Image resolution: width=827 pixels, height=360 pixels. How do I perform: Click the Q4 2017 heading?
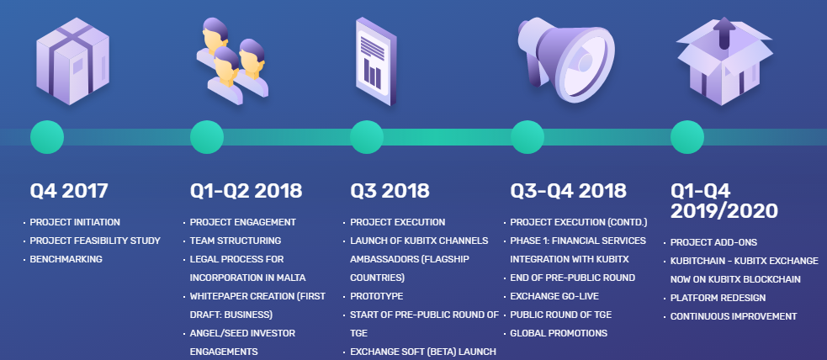pyautogui.click(x=68, y=191)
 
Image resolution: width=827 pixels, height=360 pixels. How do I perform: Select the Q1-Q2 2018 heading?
pyautogui.click(x=246, y=191)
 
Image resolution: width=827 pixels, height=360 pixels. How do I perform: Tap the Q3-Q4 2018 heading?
pyautogui.click(x=568, y=191)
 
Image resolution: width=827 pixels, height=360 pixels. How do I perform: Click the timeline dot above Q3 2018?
pyautogui.click(x=367, y=137)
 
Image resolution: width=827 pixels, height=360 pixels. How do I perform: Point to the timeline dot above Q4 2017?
pyautogui.click(x=47, y=137)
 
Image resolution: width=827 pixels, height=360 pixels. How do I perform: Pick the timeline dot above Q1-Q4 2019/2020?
pyautogui.click(x=687, y=137)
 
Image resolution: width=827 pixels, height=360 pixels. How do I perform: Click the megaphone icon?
pyautogui.click(x=566, y=59)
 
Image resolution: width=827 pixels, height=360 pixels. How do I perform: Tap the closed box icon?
pyautogui.click(x=73, y=61)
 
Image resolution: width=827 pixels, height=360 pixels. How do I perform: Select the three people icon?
pyautogui.click(x=232, y=61)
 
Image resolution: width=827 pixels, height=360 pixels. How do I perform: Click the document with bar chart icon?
pyautogui.click(x=376, y=61)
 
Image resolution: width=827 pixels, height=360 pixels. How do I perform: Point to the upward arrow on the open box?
pyautogui.click(x=724, y=33)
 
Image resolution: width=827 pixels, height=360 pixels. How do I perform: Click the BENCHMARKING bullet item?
pyautogui.click(x=66, y=259)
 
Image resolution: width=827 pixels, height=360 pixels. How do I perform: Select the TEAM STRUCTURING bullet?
pyautogui.click(x=236, y=241)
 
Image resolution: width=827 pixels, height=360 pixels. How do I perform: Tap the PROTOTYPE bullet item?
pyautogui.click(x=377, y=296)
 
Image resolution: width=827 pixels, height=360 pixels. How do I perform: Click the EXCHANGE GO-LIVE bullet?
pyautogui.click(x=554, y=296)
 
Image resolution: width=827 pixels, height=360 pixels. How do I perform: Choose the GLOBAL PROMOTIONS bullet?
pyautogui.click(x=559, y=333)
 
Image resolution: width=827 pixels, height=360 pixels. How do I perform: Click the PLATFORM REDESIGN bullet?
pyautogui.click(x=718, y=298)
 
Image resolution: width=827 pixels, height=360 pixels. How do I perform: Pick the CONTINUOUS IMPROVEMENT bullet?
pyautogui.click(x=734, y=316)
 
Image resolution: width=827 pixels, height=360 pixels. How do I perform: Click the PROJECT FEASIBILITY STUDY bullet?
pyautogui.click(x=95, y=241)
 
